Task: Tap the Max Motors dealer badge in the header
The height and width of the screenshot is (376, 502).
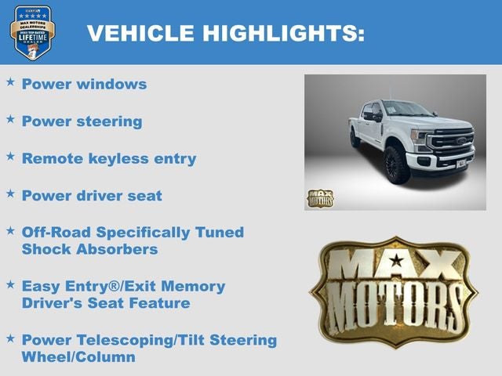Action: pyautogui.click(x=32, y=33)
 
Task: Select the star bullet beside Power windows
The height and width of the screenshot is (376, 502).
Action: pyautogui.click(x=10, y=81)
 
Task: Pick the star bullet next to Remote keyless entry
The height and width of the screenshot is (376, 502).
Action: pyautogui.click(x=10, y=156)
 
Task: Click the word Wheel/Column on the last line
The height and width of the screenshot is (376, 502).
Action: pyautogui.click(x=78, y=357)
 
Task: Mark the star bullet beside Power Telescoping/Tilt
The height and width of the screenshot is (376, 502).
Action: pyautogui.click(x=10, y=338)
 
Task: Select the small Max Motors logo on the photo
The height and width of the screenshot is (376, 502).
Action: pyautogui.click(x=319, y=198)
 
